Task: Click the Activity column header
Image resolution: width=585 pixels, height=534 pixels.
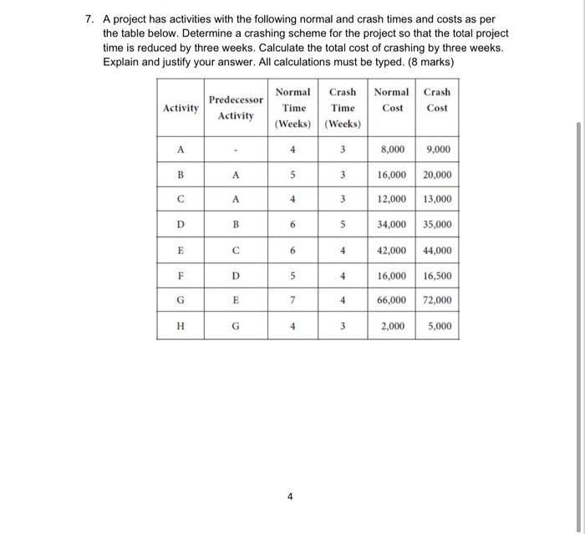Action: click(181, 108)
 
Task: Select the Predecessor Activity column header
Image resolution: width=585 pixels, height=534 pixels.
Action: click(236, 108)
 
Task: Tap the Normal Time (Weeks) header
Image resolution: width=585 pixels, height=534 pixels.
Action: click(292, 108)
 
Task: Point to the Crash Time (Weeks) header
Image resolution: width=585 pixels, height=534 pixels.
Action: click(343, 108)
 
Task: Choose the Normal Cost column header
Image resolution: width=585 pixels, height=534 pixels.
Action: click(391, 99)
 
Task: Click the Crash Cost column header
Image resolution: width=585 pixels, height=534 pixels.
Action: click(436, 99)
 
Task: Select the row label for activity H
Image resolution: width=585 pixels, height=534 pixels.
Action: click(181, 326)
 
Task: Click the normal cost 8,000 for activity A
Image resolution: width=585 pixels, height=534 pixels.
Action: click(393, 150)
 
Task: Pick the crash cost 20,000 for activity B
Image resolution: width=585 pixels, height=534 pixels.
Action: click(437, 175)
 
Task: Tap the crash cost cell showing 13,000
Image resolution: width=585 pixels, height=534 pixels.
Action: click(437, 200)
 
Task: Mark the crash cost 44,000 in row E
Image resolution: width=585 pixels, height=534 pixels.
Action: click(437, 250)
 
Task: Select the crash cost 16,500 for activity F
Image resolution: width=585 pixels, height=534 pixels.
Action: click(437, 275)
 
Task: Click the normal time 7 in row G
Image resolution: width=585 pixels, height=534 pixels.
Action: click(292, 300)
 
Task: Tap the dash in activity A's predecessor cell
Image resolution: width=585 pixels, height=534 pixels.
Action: click(236, 151)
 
